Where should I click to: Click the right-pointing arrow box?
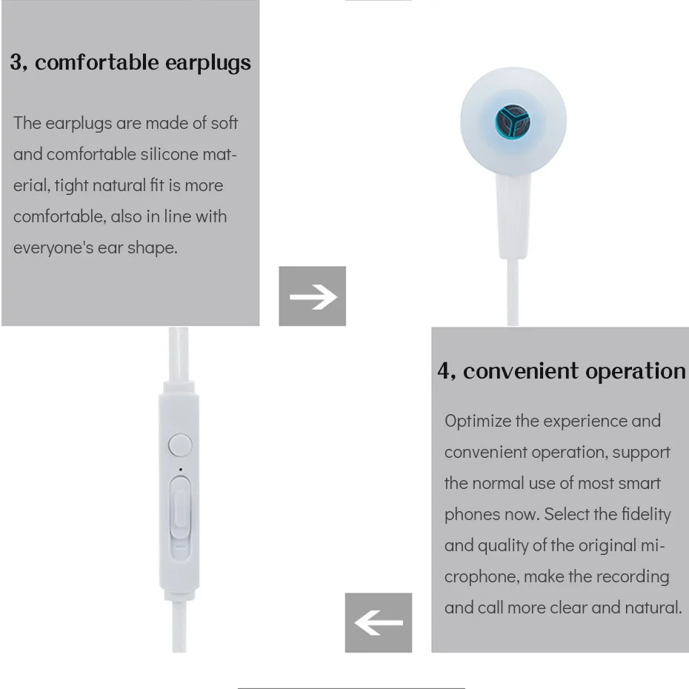pos(312,296)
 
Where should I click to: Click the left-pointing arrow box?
pos(378,622)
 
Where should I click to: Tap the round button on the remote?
pos(180,445)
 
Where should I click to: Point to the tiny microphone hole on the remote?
pos(180,468)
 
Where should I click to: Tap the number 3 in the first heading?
pos(16,61)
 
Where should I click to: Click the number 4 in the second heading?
pos(445,370)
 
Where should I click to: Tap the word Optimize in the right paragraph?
pos(477,421)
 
